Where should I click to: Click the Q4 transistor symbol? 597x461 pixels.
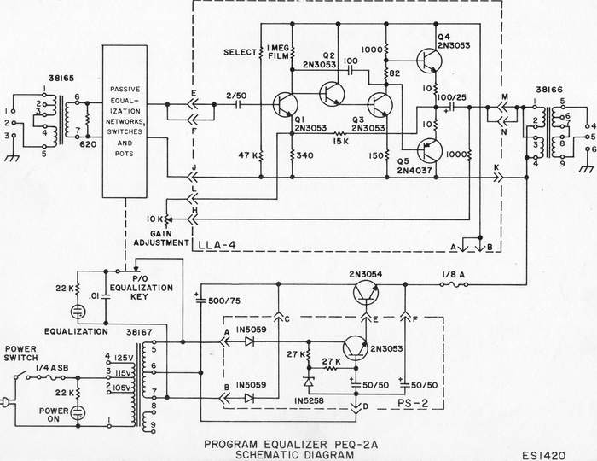[x=429, y=60]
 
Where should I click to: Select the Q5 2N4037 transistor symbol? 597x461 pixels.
[x=429, y=150]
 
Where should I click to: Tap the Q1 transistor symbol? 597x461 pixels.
[x=286, y=104]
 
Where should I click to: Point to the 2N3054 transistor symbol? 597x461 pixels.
[x=366, y=292]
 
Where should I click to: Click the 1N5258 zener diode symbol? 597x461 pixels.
[x=309, y=381]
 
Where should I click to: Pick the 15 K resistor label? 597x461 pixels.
[x=340, y=142]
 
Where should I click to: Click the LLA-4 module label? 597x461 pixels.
[x=217, y=245]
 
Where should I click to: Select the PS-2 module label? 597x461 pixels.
[x=413, y=403]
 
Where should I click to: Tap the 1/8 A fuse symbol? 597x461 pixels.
[x=455, y=284]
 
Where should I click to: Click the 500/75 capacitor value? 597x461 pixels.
[x=224, y=301]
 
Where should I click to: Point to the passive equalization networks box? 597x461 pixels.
[x=125, y=121]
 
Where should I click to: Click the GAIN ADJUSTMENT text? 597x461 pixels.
[x=161, y=238]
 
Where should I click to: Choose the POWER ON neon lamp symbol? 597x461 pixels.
[x=78, y=412]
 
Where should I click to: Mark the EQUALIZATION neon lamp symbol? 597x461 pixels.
[x=78, y=312]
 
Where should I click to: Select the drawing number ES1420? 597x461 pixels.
[x=544, y=456]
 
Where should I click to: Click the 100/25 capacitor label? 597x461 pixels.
[x=451, y=97]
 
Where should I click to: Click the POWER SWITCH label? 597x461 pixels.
[x=21, y=353]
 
